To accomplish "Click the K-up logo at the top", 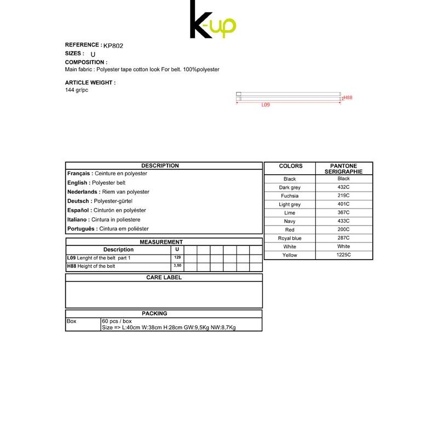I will tap(212, 21).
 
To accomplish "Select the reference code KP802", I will tap(113, 46).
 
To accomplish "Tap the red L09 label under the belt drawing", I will tap(266, 105).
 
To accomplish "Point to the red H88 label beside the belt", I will tap(348, 97).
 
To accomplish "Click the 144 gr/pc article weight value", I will tap(77, 90).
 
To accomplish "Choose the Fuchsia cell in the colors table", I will tap(290, 196).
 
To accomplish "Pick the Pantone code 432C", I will tap(344, 187).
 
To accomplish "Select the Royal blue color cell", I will tap(290, 239).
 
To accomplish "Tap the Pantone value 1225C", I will tap(344, 255).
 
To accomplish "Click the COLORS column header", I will tap(290, 166).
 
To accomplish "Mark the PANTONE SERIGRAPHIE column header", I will tap(344, 169).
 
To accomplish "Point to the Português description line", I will tap(108, 229).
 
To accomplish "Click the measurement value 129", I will tap(177, 257).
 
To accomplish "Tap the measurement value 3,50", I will tap(177, 266).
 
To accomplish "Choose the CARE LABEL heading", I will tap(164, 278).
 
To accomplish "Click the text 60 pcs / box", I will tap(117, 321).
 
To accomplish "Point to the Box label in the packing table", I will tap(72, 321).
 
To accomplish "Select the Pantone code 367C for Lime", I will tap(344, 212).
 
